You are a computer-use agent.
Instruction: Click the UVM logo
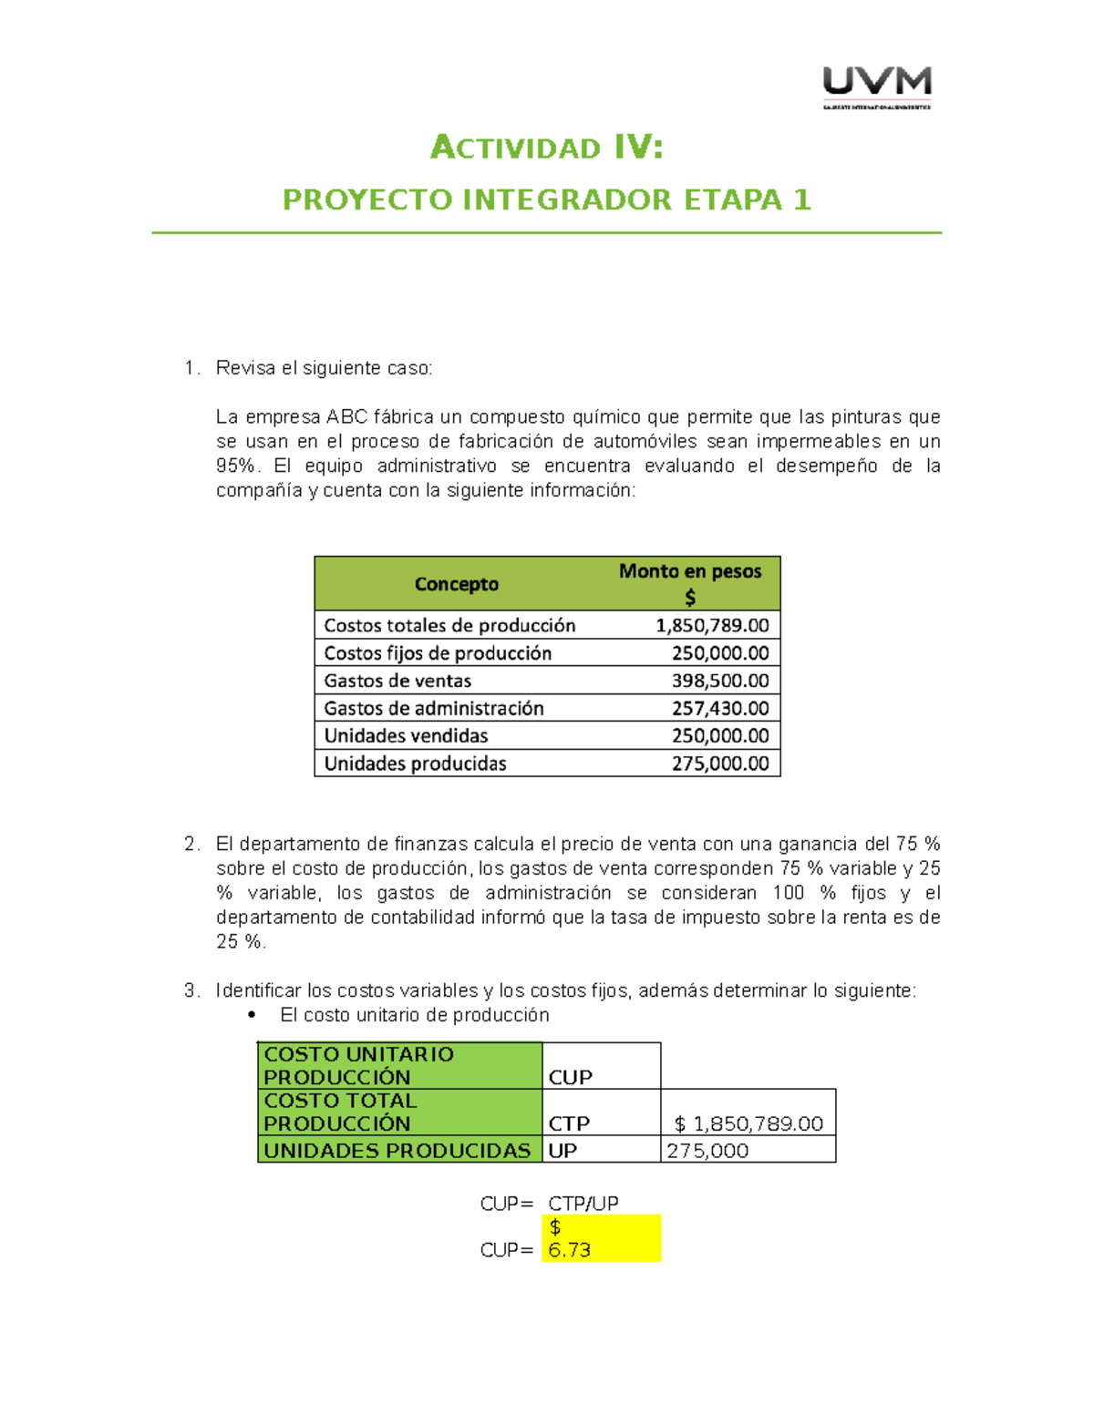coord(876,87)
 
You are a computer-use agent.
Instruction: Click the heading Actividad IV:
coord(546,147)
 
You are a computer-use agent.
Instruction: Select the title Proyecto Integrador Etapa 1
coord(546,200)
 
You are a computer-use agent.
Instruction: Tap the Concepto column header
coord(456,584)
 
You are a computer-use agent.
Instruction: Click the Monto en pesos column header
coord(690,583)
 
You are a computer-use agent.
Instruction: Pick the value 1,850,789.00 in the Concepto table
coord(712,626)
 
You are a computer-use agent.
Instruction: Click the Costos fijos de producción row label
coord(438,653)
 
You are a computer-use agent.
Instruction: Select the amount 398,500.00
coord(720,681)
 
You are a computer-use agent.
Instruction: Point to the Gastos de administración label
coord(434,709)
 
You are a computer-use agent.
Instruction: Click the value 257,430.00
coord(720,709)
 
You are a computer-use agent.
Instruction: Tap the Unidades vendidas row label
coord(406,736)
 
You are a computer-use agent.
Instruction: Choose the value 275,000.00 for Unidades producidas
coord(720,764)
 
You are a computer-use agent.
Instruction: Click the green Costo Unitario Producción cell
coord(399,1065)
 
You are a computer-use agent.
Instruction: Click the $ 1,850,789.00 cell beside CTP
coord(748,1123)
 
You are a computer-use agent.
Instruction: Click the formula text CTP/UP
coord(583,1204)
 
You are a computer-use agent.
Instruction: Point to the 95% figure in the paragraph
coord(235,466)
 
